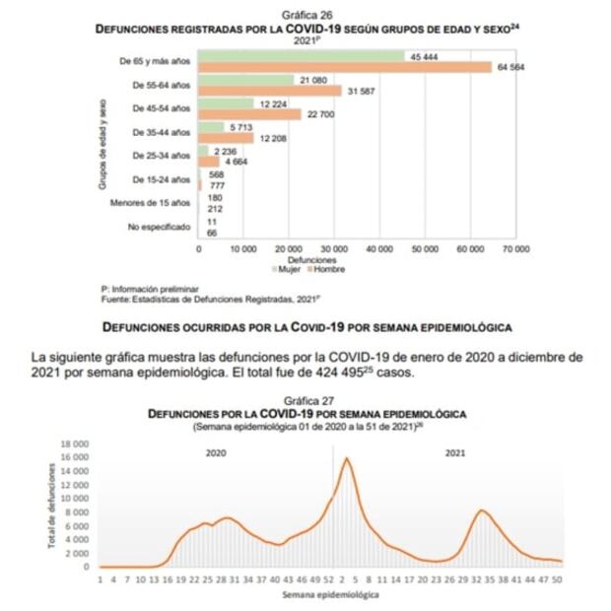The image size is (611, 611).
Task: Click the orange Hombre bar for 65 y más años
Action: click(x=345, y=68)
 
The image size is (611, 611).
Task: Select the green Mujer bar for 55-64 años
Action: click(x=246, y=81)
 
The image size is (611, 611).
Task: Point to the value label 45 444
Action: click(x=424, y=56)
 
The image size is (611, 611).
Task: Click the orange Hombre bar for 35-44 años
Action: click(x=227, y=139)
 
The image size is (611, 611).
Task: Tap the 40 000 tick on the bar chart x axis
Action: click(x=380, y=250)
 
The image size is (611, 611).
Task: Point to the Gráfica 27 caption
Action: click(x=306, y=402)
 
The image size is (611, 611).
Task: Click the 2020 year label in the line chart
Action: click(x=216, y=452)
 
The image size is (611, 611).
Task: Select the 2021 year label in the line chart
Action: click(x=456, y=452)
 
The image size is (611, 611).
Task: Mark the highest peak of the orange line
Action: click(x=346, y=458)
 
